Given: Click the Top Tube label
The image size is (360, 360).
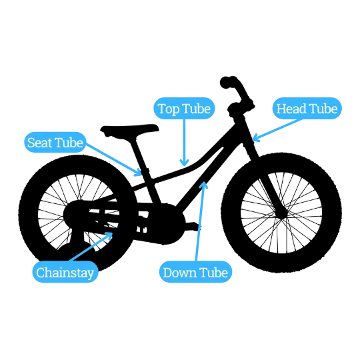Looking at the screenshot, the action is tap(184, 109).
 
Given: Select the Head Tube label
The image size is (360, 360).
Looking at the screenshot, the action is tap(307, 109).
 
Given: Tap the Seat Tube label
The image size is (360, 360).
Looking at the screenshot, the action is tap(55, 143).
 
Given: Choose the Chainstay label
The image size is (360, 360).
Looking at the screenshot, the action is tap(65, 272).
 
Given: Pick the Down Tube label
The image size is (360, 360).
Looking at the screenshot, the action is tap(195, 272).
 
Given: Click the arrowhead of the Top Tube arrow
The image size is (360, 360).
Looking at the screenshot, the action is tap(184, 163).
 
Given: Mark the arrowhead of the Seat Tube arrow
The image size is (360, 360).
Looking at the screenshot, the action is tap(139, 173).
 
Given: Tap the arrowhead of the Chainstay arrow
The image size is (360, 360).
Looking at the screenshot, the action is tap(109, 235).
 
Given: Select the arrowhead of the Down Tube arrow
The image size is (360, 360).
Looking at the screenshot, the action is tap(203, 185).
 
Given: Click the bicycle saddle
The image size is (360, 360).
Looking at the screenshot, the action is tap(129, 131).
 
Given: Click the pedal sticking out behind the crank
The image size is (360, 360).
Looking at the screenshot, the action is tap(193, 226).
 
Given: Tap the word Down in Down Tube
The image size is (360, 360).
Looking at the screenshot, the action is tap(179, 273).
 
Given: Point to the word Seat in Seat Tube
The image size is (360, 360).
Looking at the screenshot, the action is tap(40, 143).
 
